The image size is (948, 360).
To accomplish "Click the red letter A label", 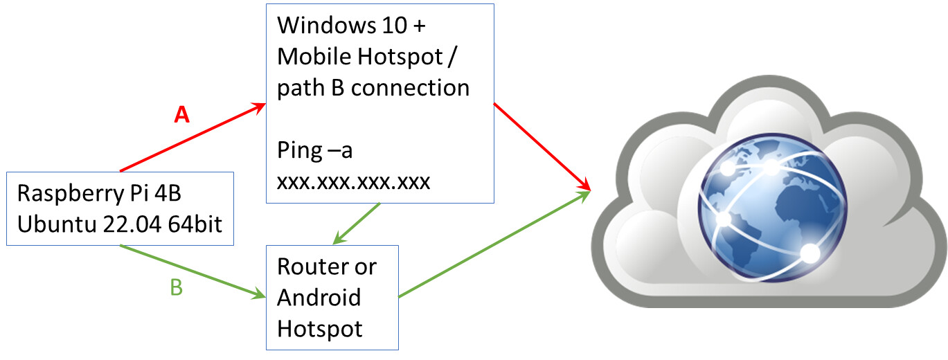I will pyautogui.click(x=181, y=116).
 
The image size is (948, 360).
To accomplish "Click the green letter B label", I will pyautogui.click(x=177, y=287).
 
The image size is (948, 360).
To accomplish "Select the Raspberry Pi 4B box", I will pyautogui.click(x=120, y=208).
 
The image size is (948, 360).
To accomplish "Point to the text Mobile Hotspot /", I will pyautogui.click(x=368, y=57).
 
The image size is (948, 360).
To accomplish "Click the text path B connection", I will pyautogui.click(x=373, y=88).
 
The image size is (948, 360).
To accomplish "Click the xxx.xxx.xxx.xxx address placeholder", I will pyautogui.click(x=353, y=181).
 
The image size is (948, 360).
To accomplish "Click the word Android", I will pyautogui.click(x=319, y=298).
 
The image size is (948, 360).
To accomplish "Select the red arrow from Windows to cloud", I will pyautogui.click(x=542, y=146).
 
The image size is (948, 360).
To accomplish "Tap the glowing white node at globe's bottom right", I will pyautogui.click(x=810, y=254).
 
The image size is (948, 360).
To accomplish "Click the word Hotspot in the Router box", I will pyautogui.click(x=320, y=328).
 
